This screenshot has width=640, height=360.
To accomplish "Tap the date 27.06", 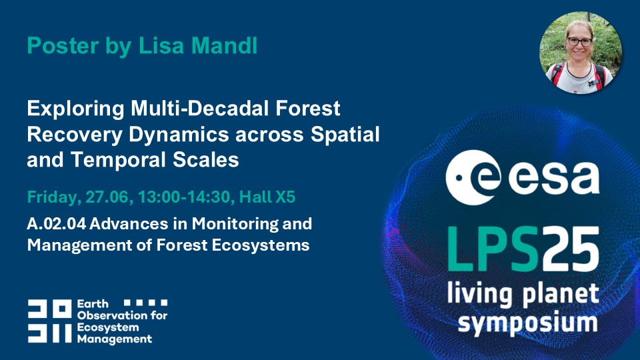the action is click(x=109, y=197).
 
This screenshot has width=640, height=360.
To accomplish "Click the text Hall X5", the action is click(x=267, y=197).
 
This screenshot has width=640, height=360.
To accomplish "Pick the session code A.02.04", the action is click(x=57, y=224).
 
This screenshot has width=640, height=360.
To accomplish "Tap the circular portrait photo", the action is click(x=580, y=52).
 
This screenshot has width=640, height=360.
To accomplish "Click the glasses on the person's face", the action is click(x=579, y=41).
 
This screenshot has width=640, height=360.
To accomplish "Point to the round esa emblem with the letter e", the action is click(x=473, y=177).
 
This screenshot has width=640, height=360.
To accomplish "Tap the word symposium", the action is click(x=527, y=323).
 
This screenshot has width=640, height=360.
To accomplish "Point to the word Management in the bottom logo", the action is click(x=115, y=339).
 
